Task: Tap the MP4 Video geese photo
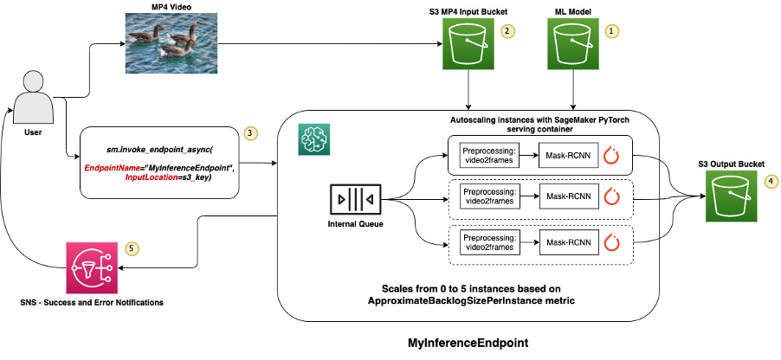[171, 43]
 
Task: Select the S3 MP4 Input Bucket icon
[468, 44]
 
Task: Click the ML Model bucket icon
[573, 44]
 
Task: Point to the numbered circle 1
[612, 30]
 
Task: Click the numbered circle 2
[507, 30]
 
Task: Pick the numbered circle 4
[771, 181]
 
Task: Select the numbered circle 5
[132, 247]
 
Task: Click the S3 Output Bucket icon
[731, 196]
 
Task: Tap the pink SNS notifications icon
[92, 268]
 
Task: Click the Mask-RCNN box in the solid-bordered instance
[569, 156]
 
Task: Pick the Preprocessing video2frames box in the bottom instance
[488, 243]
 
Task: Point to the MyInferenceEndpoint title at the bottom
[468, 343]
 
